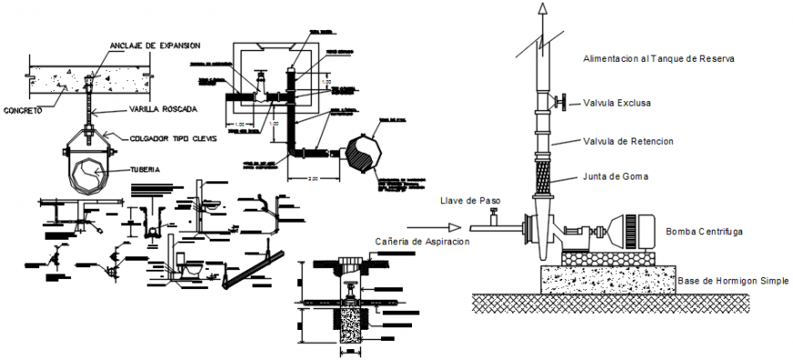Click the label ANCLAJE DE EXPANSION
(154, 45)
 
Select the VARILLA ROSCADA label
(161, 111)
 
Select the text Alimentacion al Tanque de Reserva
(659, 58)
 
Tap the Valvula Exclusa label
(618, 103)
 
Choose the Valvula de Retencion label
(627, 141)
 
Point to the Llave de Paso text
(470, 201)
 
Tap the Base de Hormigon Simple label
(732, 280)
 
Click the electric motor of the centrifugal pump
(630, 231)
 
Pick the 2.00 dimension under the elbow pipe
(313, 180)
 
